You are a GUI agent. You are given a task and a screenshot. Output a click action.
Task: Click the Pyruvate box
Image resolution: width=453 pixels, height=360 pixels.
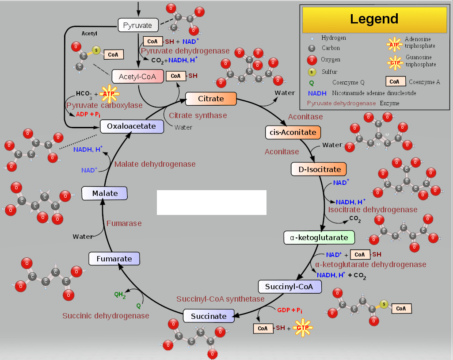click(137, 25)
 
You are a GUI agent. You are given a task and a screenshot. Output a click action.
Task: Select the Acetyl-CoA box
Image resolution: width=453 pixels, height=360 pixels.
click(137, 77)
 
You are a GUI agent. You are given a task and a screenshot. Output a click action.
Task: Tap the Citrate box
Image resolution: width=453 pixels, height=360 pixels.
click(211, 99)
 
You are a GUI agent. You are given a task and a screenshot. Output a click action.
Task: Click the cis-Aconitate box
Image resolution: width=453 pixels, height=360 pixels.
click(293, 132)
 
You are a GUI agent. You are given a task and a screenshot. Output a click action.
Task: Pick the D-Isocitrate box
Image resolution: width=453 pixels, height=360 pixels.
click(319, 169)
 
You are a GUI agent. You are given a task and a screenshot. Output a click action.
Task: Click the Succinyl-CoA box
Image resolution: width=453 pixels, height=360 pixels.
click(289, 287)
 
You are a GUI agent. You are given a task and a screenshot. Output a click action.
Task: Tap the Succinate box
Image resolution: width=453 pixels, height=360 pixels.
click(209, 316)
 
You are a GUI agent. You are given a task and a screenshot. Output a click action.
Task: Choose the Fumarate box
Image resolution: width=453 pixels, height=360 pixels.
click(114, 259)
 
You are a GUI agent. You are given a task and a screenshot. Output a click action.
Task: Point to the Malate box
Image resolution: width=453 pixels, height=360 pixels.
click(105, 193)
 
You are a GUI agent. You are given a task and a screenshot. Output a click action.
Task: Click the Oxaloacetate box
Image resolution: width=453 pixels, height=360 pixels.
click(131, 126)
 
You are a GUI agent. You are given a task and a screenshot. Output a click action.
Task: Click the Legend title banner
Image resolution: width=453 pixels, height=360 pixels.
click(374, 19)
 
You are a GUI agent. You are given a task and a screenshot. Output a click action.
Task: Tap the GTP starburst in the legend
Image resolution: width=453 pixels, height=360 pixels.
click(395, 63)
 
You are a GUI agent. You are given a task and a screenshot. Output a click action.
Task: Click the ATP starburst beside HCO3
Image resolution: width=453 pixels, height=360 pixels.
click(109, 94)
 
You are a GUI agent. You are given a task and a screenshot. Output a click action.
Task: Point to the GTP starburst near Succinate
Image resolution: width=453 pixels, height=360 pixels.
click(302, 328)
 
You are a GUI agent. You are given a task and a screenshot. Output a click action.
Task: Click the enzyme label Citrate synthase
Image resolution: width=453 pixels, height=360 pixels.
click(198, 115)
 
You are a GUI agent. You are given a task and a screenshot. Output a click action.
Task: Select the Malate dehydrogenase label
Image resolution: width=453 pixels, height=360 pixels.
click(155, 164)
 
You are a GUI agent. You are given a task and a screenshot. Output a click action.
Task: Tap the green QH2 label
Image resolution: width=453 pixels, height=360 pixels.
click(120, 295)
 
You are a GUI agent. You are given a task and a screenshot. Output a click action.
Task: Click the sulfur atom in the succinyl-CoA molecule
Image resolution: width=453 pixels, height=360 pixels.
click(384, 304)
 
